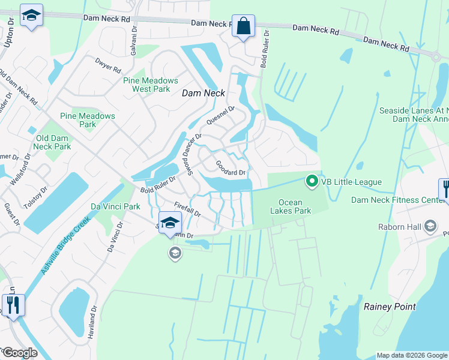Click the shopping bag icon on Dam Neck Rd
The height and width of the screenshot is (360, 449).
point(243,27)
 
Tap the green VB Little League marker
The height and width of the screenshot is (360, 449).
point(312,180)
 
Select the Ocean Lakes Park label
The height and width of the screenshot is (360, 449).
point(295,206)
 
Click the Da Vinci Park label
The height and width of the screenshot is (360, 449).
point(115,206)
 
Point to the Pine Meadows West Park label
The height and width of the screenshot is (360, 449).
point(150,85)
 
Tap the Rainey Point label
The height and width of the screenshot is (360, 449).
point(390,307)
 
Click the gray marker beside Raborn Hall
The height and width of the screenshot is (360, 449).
point(430,226)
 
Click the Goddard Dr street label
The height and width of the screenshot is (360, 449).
point(231,168)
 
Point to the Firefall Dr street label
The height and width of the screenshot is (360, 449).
point(187,209)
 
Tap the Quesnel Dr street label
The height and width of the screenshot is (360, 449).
point(220,114)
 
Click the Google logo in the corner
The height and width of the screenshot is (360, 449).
point(20,353)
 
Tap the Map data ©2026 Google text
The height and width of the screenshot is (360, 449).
point(411,355)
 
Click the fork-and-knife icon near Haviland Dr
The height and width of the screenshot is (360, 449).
point(12,305)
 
